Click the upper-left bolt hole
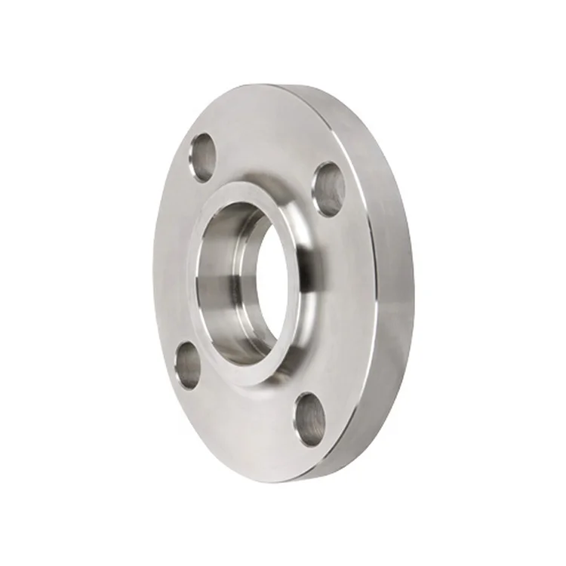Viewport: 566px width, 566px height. pyautogui.click(x=202, y=157)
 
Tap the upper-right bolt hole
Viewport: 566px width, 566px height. pyautogui.click(x=328, y=189)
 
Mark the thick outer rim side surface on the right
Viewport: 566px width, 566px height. pyautogui.click(x=392, y=302)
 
